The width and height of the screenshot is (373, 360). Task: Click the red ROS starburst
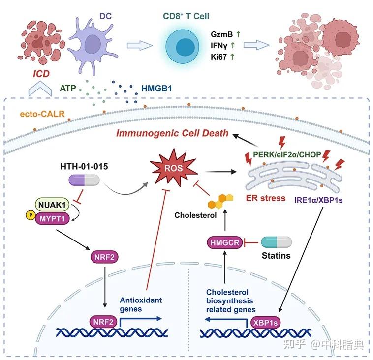pyautogui.click(x=174, y=168)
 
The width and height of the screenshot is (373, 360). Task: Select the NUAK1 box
pyautogui.click(x=52, y=205)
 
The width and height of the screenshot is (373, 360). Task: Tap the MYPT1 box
pyautogui.click(x=52, y=218)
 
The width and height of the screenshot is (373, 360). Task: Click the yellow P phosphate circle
pyautogui.click(x=31, y=215)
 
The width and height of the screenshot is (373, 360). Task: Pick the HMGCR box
pyautogui.click(x=224, y=242)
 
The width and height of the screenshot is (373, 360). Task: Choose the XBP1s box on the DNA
pyautogui.click(x=265, y=323)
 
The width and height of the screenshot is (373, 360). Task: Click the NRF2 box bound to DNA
pyautogui.click(x=103, y=322)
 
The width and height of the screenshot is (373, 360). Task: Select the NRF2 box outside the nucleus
pyautogui.click(x=104, y=257)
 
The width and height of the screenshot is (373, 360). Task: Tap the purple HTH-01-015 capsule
pyautogui.click(x=84, y=180)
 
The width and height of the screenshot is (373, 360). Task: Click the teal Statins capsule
pyautogui.click(x=276, y=242)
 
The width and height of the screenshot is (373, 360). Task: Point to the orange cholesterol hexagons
pyautogui.click(x=220, y=201)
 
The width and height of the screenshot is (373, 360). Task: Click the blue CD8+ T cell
pyautogui.click(x=183, y=47)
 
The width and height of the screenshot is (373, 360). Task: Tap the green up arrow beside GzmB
pyautogui.click(x=238, y=34)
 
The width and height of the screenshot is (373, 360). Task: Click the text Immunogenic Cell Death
pyautogui.click(x=172, y=133)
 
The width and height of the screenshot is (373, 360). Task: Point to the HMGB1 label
pyautogui.click(x=156, y=89)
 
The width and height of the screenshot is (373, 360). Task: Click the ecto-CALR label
pyautogui.click(x=42, y=114)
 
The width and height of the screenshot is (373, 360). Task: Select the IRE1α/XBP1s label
pyautogui.click(x=318, y=200)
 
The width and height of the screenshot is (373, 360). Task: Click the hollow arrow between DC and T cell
pyautogui.click(x=140, y=45)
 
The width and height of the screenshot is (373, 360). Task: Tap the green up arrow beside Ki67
pyautogui.click(x=232, y=57)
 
